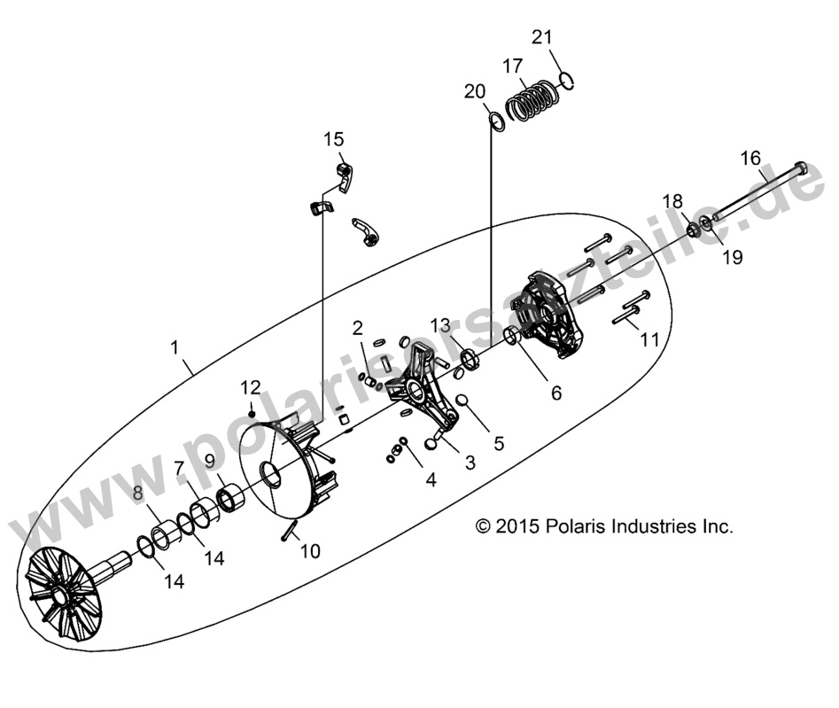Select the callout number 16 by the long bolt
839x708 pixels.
[750, 158]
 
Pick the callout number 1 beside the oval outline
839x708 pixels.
[175, 343]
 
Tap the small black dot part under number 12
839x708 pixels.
[252, 413]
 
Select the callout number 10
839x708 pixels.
[309, 551]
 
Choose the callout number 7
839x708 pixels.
[179, 467]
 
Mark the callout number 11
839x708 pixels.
[649, 339]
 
